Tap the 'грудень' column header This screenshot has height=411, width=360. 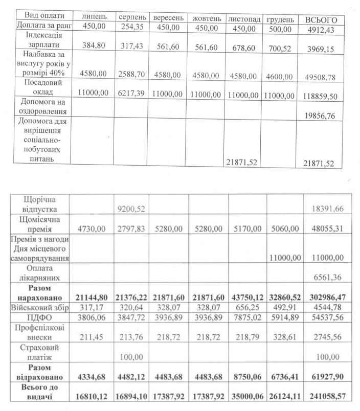click(280, 19)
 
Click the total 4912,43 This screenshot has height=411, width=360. click(323, 29)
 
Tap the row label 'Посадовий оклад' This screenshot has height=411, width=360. click(42, 88)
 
